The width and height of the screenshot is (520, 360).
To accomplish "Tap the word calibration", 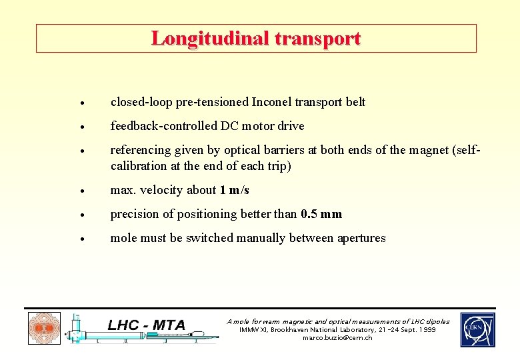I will tap(139, 166).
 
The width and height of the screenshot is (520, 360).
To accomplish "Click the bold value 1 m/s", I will tap(234, 190).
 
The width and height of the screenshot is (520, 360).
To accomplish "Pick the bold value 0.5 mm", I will tap(321, 214).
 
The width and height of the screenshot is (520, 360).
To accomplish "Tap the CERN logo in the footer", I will tap(477, 330).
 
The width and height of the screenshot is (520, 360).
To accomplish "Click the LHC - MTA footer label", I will tap(147, 325).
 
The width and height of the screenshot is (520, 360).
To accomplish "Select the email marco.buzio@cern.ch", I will tap(337, 338).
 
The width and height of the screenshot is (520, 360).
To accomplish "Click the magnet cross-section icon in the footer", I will tap(44, 329).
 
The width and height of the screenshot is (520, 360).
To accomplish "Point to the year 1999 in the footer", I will tap(428, 330).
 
